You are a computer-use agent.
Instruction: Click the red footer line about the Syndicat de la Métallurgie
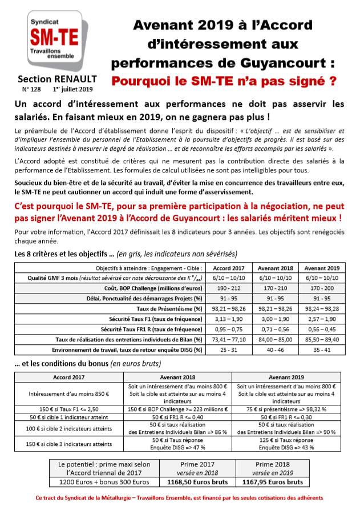180,498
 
